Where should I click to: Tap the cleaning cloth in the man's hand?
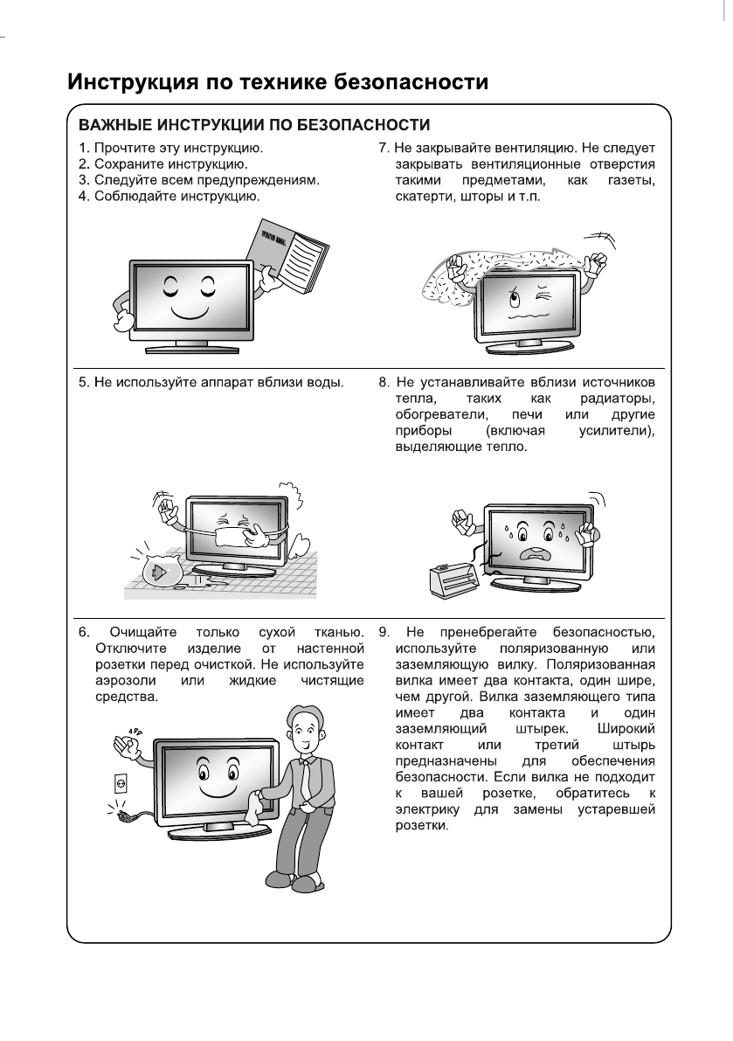tap(253, 809)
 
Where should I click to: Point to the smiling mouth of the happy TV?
tap(185, 311)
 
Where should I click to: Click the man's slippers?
tap(301, 884)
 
